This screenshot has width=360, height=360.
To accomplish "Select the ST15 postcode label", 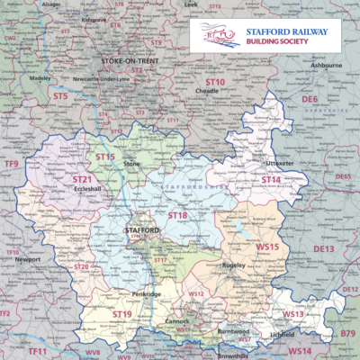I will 105,157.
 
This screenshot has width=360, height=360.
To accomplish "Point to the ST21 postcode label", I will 83,180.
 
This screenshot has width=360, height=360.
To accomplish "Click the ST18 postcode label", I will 177,216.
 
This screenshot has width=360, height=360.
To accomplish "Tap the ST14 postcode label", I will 271,180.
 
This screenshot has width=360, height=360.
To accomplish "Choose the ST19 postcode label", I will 121,312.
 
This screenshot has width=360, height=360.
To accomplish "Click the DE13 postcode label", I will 323,247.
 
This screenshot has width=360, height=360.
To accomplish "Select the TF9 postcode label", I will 12,164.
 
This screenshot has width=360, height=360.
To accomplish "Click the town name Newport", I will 28,259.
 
